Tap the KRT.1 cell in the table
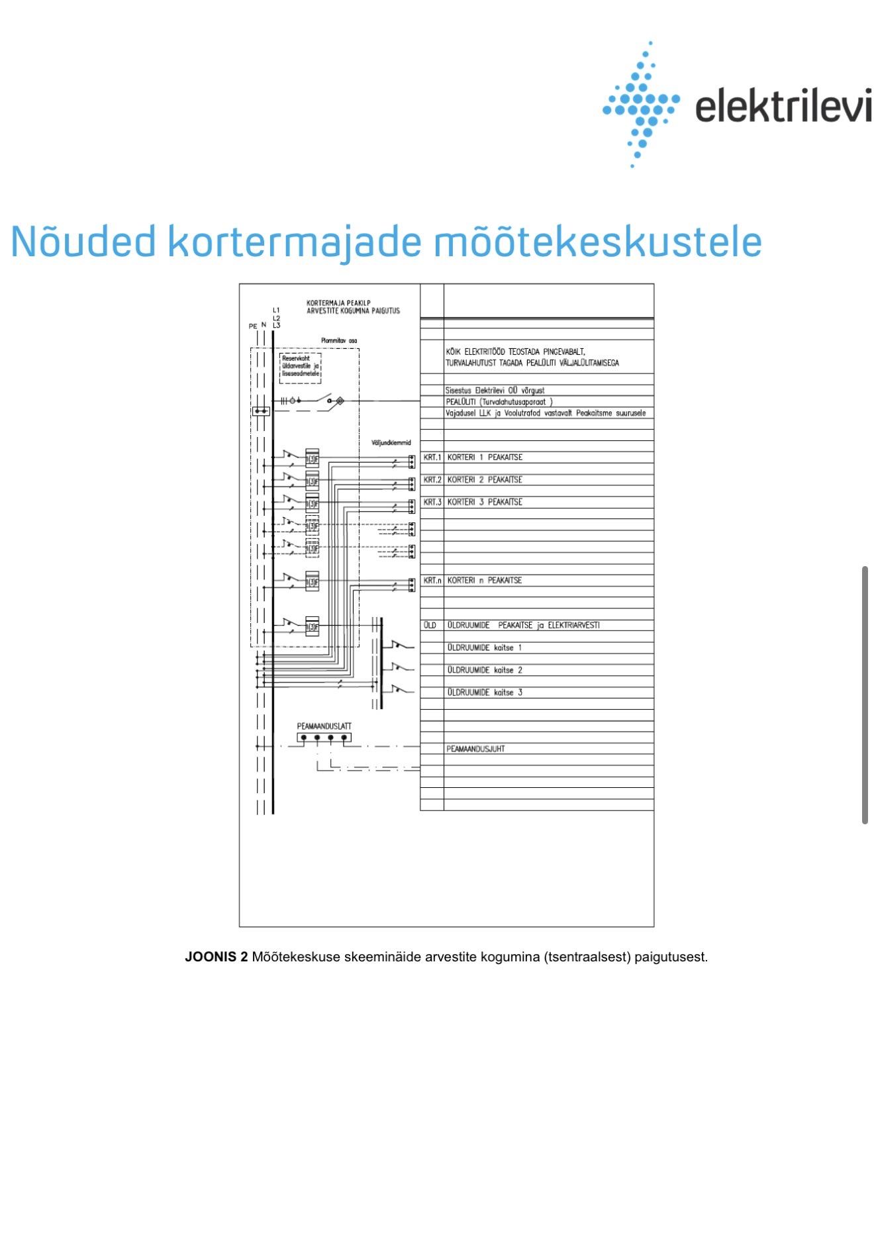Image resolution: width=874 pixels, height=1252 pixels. click(x=432, y=457)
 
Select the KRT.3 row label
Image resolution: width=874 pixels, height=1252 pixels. click(x=432, y=503)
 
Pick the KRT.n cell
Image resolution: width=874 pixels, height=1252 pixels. click(x=432, y=581)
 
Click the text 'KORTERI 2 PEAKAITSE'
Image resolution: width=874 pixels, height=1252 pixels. click(x=485, y=480)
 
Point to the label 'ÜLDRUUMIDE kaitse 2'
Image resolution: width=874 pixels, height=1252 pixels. click(x=485, y=670)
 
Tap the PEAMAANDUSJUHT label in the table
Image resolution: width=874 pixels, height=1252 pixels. click(x=475, y=749)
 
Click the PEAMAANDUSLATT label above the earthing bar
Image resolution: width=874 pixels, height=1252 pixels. click(x=324, y=726)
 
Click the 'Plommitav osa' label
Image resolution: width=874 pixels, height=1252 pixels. click(x=339, y=341)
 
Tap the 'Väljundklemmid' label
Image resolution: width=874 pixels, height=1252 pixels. click(x=391, y=443)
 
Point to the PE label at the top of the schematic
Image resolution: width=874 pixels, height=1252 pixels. click(x=252, y=326)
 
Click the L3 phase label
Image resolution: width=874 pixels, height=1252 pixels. click(x=276, y=325)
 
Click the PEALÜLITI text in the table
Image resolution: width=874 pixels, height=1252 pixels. click(x=461, y=402)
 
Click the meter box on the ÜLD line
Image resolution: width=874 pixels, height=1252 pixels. click(x=312, y=626)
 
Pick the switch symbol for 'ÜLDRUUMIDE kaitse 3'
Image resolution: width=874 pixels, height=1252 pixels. click(x=400, y=690)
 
